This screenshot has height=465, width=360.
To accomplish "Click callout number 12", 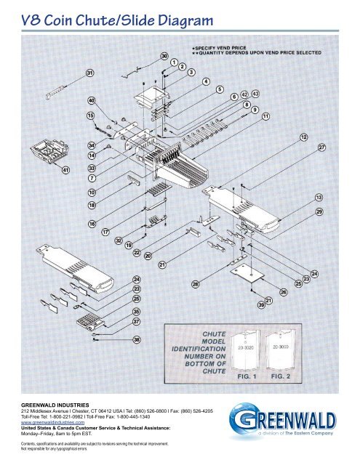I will [x=303, y=137].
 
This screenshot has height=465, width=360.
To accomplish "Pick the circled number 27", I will [x=321, y=147].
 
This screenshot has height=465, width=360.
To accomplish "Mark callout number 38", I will [x=136, y=339].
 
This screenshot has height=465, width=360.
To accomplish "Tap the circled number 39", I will [x=261, y=304].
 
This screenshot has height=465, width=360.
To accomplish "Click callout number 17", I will [x=105, y=232].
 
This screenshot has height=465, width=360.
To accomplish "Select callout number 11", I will [x=265, y=116].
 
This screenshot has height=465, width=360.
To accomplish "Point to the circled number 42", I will [x=244, y=94].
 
